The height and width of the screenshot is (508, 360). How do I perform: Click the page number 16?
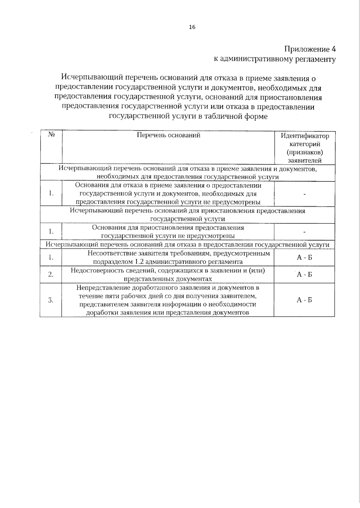click(192, 27)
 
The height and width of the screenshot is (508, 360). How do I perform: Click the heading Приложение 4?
click(310, 49)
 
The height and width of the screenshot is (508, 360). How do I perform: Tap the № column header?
click(51, 135)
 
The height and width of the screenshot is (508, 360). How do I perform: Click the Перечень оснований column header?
click(168, 135)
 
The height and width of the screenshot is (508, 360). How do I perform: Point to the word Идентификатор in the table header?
click(304, 136)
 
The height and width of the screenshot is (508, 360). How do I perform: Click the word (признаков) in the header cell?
click(304, 152)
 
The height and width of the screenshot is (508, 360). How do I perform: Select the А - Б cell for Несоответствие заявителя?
click(304, 257)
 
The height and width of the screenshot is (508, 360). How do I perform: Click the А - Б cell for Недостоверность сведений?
click(304, 275)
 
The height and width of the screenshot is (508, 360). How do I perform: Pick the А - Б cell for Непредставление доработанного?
click(304, 300)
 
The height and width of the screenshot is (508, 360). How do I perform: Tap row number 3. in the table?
click(51, 300)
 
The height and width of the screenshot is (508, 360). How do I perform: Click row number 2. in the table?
click(51, 275)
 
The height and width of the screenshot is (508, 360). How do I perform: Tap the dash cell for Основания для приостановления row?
click(304, 232)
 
